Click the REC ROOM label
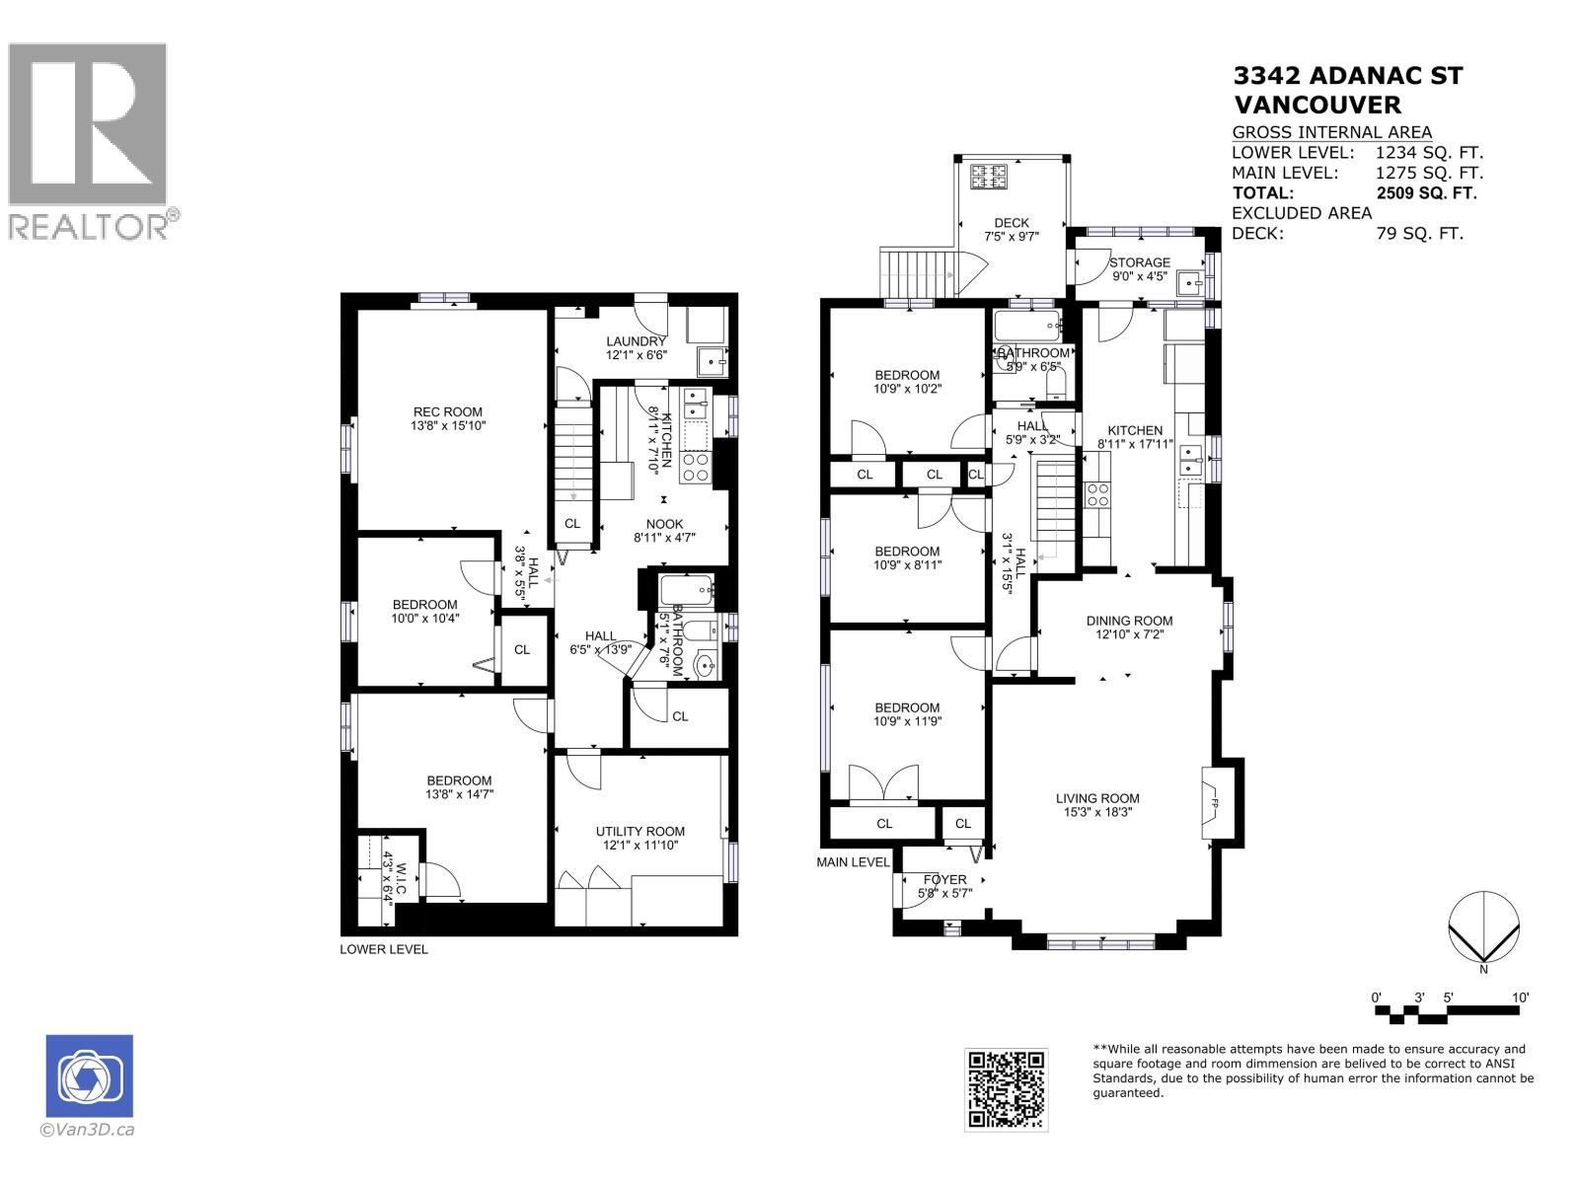point(448,412)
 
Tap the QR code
point(1006,1089)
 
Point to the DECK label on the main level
point(1012,223)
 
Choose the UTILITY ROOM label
point(639,832)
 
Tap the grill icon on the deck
point(989,178)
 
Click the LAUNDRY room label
point(636,341)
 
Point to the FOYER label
point(944,880)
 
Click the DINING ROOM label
point(1129,621)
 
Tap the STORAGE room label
point(1139,262)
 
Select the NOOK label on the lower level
point(664,525)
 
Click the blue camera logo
point(89,1076)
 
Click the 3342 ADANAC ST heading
point(1347,77)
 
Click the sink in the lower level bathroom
point(706,665)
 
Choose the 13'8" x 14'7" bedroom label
point(459,780)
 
